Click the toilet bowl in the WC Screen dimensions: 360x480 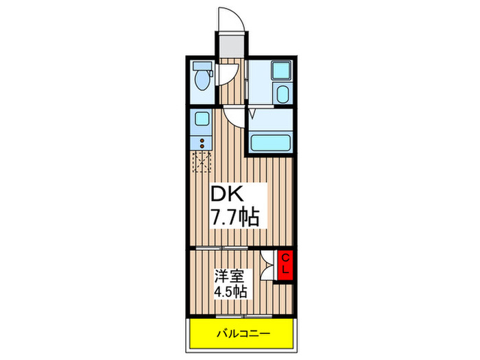tap(202, 82)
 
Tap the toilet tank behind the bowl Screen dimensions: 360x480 tap(200, 68)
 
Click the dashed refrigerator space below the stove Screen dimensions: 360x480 tap(202, 163)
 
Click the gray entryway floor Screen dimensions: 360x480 tap(230, 46)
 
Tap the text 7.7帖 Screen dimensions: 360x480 tap(235, 219)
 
